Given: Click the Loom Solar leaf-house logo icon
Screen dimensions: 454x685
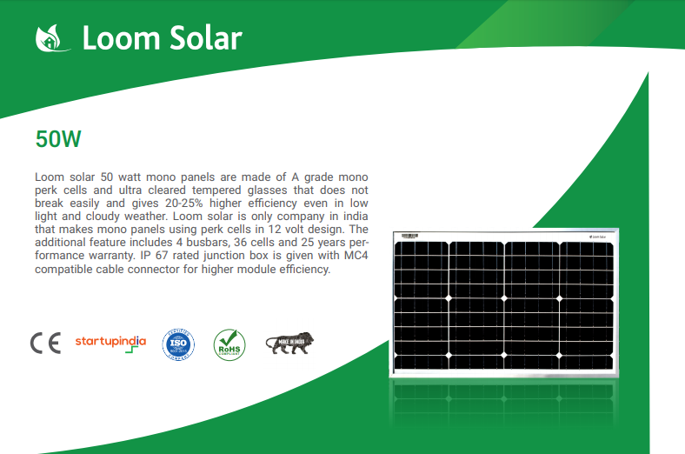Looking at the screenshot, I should [x=50, y=38].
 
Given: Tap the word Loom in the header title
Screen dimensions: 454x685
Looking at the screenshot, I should [x=113, y=38].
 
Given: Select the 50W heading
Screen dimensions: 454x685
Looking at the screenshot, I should [x=58, y=139].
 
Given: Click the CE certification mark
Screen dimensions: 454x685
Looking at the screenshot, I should [x=45, y=344].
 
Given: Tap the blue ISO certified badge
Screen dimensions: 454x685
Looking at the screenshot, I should [x=179, y=344].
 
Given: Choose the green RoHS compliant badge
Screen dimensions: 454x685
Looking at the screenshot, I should [x=229, y=344].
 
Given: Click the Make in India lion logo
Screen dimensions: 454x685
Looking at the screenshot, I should [x=289, y=343].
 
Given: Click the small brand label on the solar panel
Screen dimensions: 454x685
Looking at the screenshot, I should [x=594, y=236].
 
